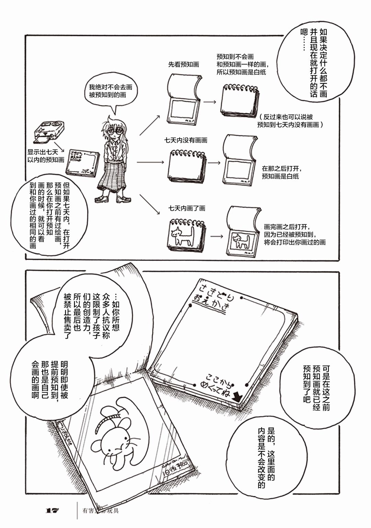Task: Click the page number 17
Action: tap(52, 510)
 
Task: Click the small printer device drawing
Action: tap(49, 130)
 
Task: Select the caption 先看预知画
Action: tap(183, 64)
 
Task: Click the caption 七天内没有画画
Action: tap(185, 140)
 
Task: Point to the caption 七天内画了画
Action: tap(187, 208)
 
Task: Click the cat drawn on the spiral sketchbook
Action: tap(182, 236)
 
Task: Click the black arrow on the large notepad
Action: tap(237, 397)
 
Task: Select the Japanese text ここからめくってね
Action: tap(219, 385)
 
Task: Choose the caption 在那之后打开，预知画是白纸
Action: tap(281, 173)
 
